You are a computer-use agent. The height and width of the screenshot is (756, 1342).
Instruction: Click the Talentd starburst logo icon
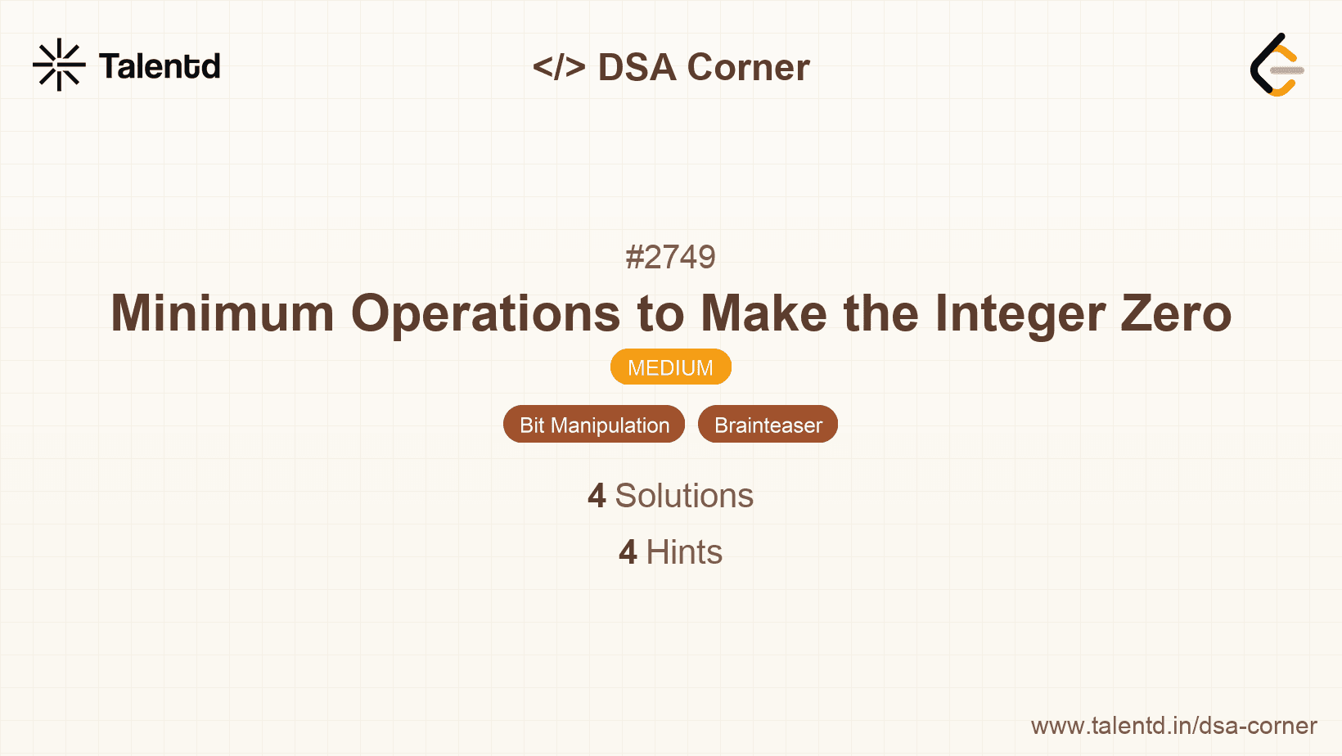click(x=59, y=65)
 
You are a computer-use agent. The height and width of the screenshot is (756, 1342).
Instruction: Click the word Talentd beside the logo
click(x=160, y=66)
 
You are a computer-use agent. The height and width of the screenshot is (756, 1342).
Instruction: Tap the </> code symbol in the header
click(x=559, y=67)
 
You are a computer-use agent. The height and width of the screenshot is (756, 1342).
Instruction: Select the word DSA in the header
click(x=637, y=67)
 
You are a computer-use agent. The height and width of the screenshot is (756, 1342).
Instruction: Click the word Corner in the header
click(x=749, y=67)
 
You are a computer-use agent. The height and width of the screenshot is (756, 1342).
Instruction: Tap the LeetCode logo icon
click(x=1276, y=65)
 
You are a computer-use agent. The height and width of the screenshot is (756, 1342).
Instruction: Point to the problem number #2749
click(x=670, y=257)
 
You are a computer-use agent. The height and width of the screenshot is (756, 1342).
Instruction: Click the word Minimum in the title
click(x=223, y=313)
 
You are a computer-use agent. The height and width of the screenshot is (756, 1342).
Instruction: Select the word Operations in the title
click(x=486, y=313)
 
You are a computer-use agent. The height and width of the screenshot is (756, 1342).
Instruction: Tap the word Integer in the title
click(x=1020, y=313)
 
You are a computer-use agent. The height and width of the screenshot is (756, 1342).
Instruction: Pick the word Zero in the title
click(x=1176, y=313)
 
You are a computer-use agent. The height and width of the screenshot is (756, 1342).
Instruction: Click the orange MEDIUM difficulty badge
click(x=670, y=367)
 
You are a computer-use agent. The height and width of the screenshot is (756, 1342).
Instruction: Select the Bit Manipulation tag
click(x=594, y=425)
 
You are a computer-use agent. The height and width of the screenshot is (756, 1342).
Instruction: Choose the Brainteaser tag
click(x=768, y=425)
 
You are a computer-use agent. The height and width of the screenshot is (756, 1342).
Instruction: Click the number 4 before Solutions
click(x=597, y=496)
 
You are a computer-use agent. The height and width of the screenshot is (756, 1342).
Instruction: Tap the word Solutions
click(x=684, y=496)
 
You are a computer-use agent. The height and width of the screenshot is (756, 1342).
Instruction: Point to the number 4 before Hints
click(x=628, y=552)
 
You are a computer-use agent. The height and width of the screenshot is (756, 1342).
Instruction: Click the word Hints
click(x=684, y=552)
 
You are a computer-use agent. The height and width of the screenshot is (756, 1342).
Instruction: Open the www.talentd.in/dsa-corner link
click(x=1173, y=726)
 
